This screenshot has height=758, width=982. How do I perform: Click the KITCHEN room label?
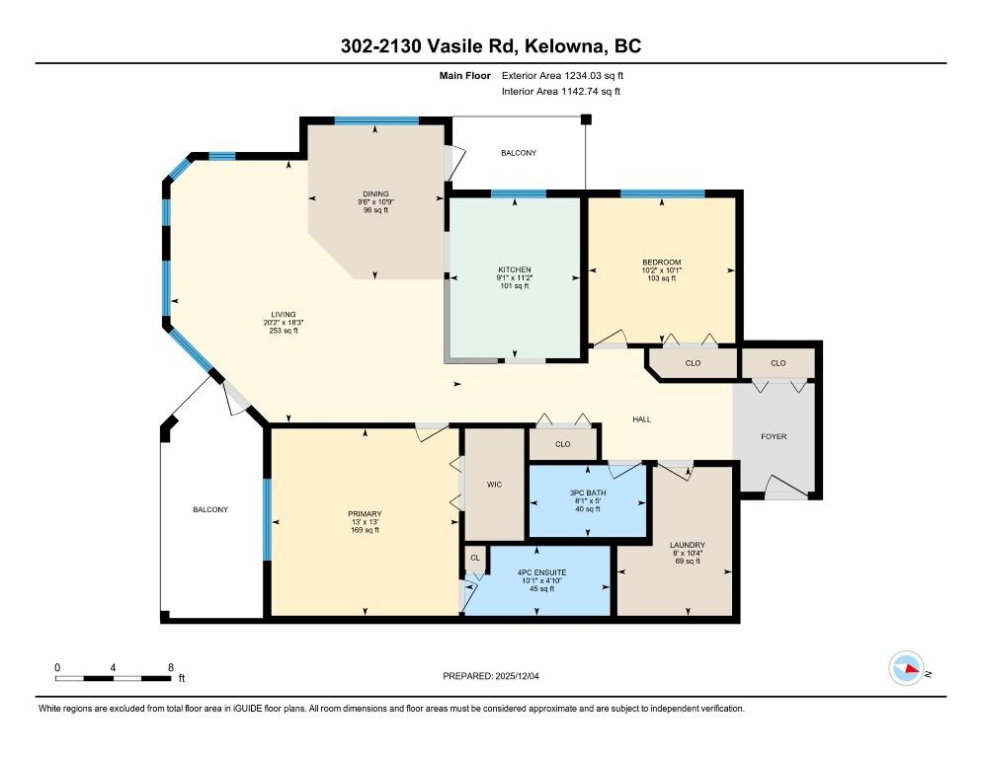coord(514,269)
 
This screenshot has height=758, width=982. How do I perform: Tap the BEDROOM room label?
coord(661,262)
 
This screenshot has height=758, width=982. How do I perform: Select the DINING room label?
coord(374,193)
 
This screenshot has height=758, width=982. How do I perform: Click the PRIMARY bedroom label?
coord(364,513)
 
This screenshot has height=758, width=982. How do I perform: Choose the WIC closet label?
coord(495,485)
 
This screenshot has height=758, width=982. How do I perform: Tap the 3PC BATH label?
coord(589,493)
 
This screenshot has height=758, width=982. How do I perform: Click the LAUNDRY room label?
coord(687,545)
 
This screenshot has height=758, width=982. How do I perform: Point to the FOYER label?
coord(774,436)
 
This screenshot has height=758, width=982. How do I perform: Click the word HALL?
coord(641,419)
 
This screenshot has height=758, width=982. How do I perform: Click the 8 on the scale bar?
coord(171,668)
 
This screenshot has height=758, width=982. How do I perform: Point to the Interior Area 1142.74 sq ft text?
coord(561,92)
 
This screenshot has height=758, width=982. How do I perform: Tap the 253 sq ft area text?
coord(283,331)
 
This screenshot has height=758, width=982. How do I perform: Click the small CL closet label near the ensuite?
coord(475,558)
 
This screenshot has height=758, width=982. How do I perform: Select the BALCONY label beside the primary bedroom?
coord(209,509)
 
